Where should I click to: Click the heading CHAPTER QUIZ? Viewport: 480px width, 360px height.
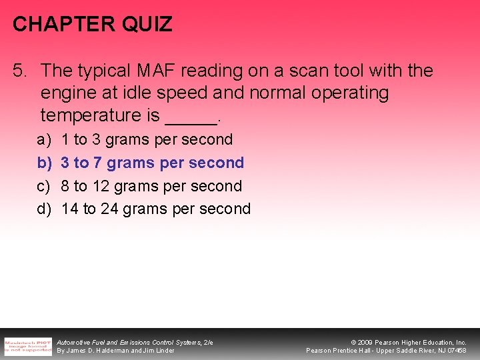[x=92, y=25]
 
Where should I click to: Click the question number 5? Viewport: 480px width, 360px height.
[x=21, y=71]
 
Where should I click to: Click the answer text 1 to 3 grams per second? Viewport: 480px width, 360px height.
[x=147, y=140]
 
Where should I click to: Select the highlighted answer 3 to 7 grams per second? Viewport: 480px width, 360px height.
[x=153, y=163]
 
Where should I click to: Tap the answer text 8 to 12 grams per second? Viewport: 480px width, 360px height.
[x=151, y=186]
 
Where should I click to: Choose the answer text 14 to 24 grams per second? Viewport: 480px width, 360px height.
[x=156, y=209]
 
